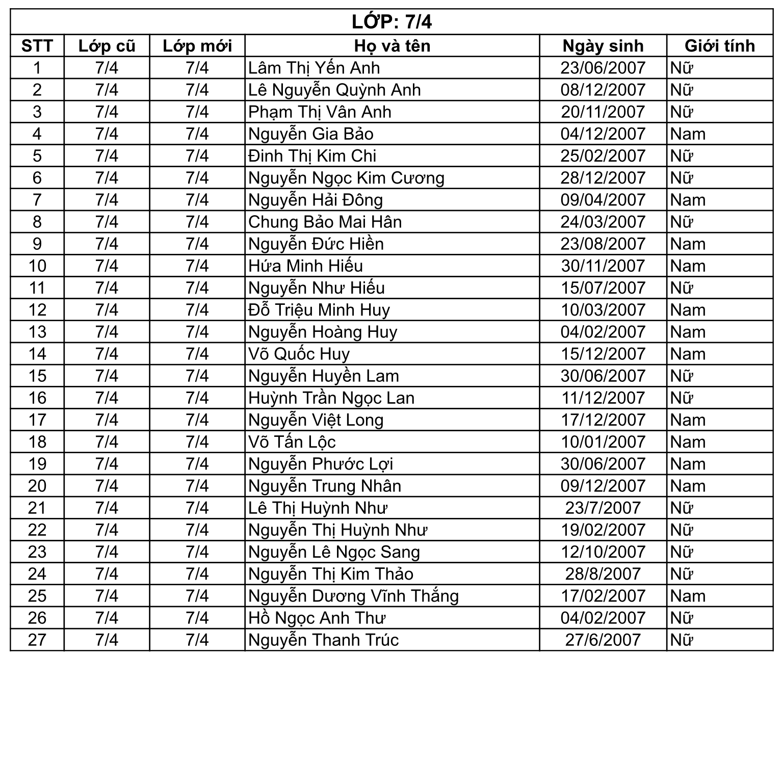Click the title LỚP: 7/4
coord(391,22)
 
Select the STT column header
coord(37,46)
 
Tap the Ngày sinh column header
coord(603,46)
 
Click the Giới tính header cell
coord(719,46)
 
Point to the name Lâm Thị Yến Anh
coord(314,68)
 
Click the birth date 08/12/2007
coord(603,90)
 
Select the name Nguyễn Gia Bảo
coord(311,134)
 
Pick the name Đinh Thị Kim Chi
coord(312,156)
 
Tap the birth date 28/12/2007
coord(603,178)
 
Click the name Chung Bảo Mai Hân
coord(325,222)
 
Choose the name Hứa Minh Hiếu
coord(306,266)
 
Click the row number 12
coord(37,310)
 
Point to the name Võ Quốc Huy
coord(299,354)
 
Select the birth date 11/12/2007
coord(603,398)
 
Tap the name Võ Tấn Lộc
coord(292,442)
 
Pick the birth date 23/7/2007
coord(603,508)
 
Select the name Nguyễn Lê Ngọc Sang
coord(334,552)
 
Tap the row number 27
coord(37,640)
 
